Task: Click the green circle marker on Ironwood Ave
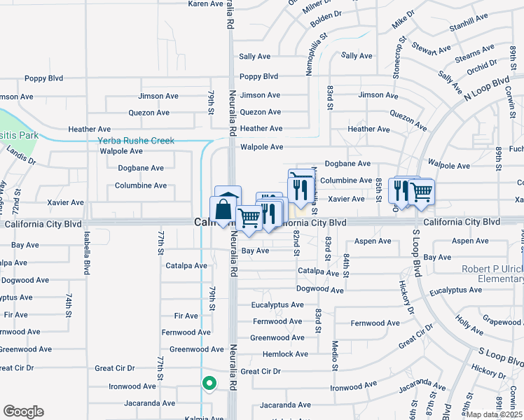[x=208, y=383]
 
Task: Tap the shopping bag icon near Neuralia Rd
[x=223, y=210]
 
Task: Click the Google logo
[x=23, y=412]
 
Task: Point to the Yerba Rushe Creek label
[x=136, y=141]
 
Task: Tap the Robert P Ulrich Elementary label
[x=492, y=274]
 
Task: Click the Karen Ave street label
[x=205, y=4]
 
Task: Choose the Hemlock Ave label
[x=285, y=354]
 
